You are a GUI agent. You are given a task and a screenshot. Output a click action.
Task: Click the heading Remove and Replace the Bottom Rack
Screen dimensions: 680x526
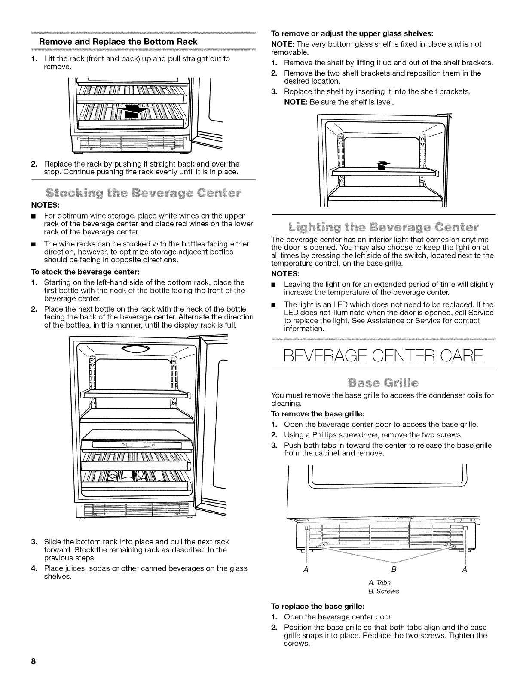118,42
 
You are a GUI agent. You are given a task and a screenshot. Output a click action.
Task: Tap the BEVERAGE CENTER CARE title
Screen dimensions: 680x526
383,356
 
